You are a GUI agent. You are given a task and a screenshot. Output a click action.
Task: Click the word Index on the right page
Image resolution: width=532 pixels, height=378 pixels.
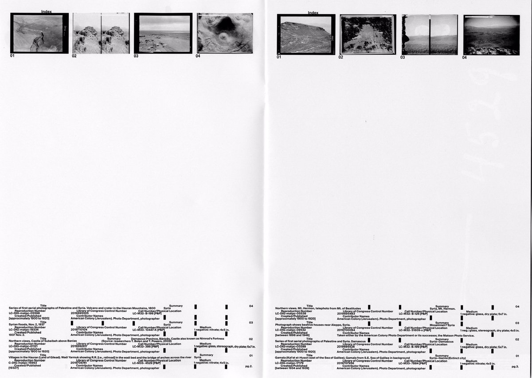click(313, 13)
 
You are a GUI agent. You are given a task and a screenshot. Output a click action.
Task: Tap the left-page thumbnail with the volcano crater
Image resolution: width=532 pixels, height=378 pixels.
click(225, 33)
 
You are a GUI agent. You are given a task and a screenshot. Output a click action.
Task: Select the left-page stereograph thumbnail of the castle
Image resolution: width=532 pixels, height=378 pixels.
click(101, 34)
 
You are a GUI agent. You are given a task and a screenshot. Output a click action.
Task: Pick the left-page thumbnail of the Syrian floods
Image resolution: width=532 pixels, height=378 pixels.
click(163, 33)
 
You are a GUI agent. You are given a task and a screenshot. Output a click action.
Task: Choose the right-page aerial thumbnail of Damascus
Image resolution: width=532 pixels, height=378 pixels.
click(367, 35)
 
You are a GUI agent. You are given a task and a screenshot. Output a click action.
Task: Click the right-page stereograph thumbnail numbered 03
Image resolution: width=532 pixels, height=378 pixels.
click(430, 35)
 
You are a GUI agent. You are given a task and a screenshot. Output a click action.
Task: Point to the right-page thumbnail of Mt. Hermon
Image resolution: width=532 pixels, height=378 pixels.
click(491, 35)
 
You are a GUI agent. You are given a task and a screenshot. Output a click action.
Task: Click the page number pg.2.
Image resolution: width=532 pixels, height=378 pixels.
click(249, 366)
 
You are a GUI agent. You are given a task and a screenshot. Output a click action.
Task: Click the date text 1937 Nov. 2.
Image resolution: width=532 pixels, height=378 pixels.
click(18, 335)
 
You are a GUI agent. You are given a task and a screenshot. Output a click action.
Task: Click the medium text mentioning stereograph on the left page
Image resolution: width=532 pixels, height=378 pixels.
click(225, 346)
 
